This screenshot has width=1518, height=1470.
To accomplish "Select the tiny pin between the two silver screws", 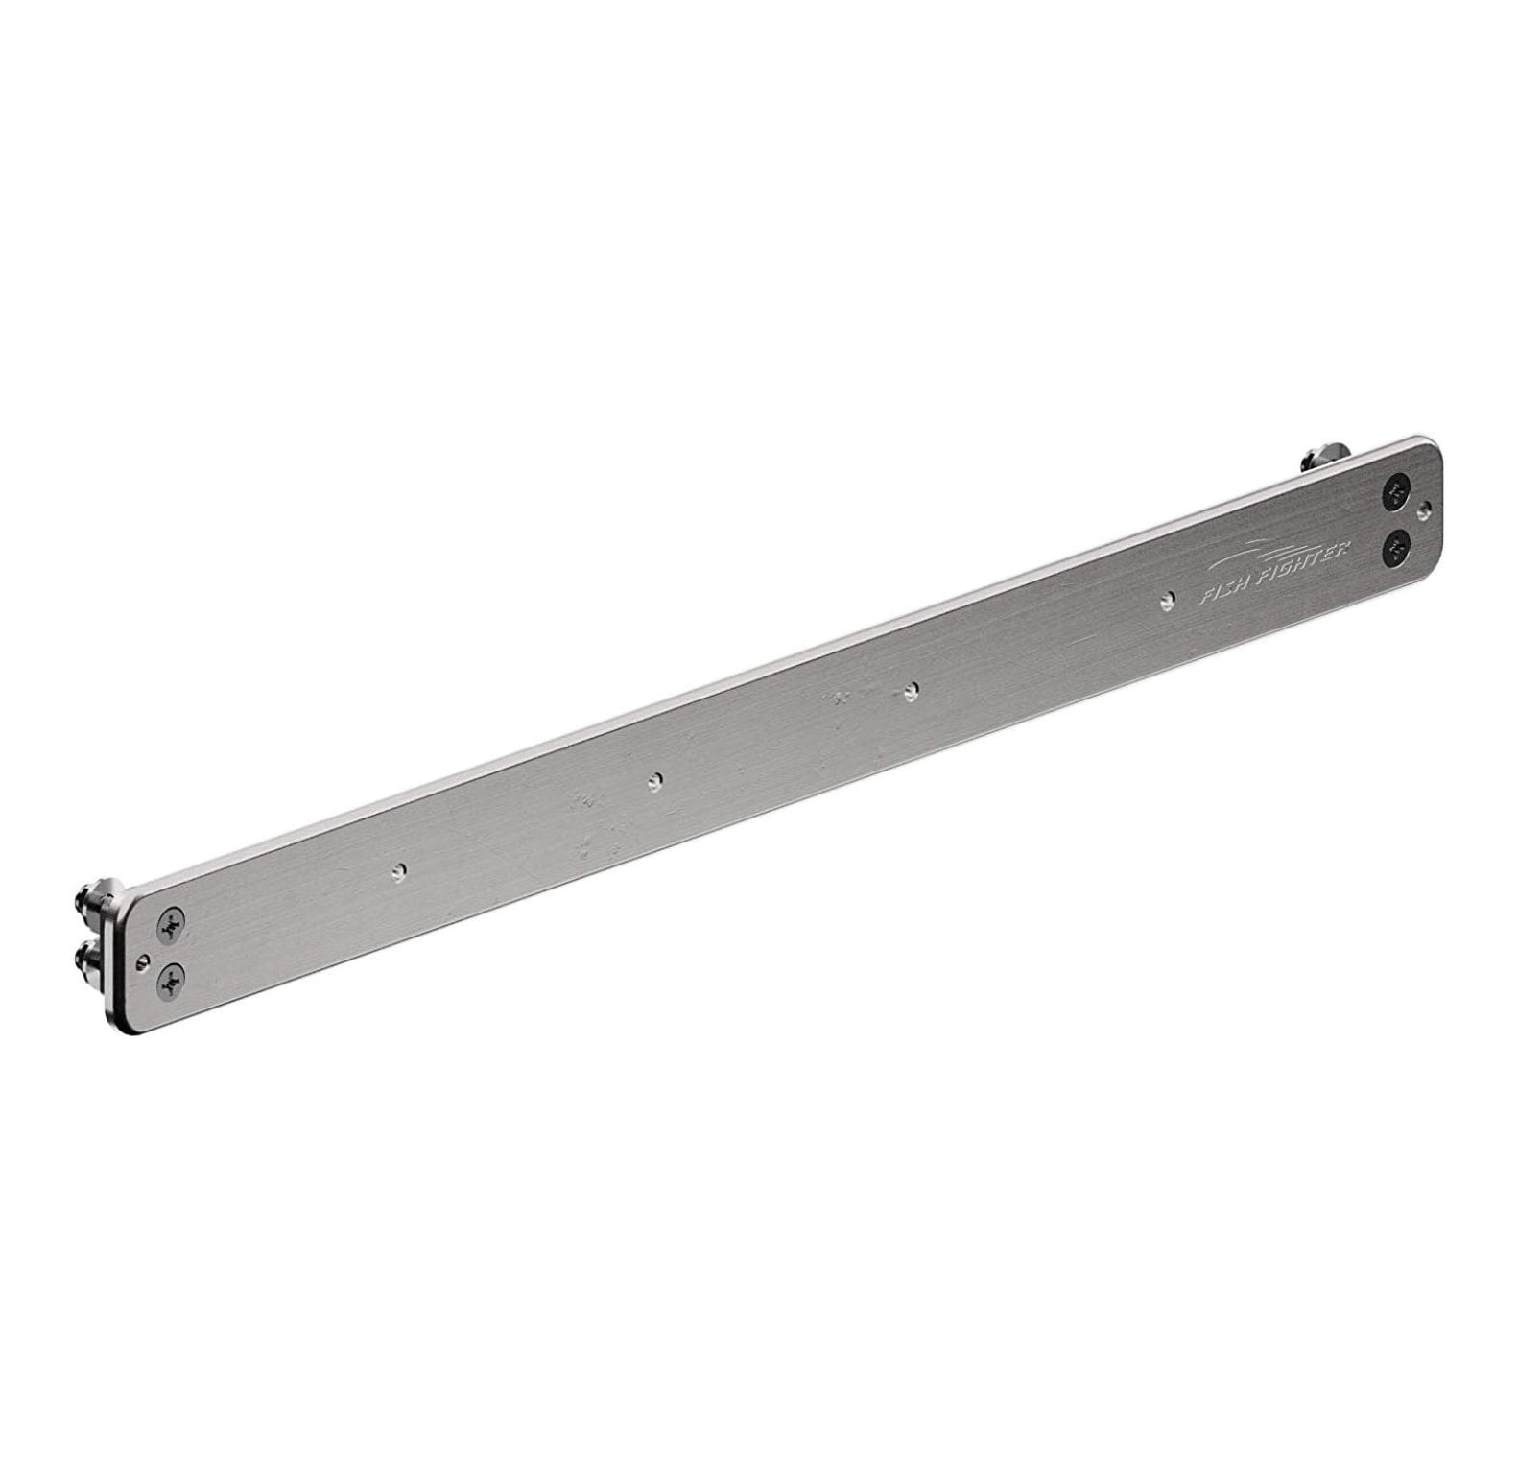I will coord(144,957).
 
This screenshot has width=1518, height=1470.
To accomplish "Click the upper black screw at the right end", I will coord(1394,494).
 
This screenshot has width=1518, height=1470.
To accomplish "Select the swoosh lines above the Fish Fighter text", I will coord(1247,558).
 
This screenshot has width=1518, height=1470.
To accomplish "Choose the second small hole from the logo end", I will coord(912,689).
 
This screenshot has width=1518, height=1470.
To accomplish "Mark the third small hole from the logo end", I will coord(655,780).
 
